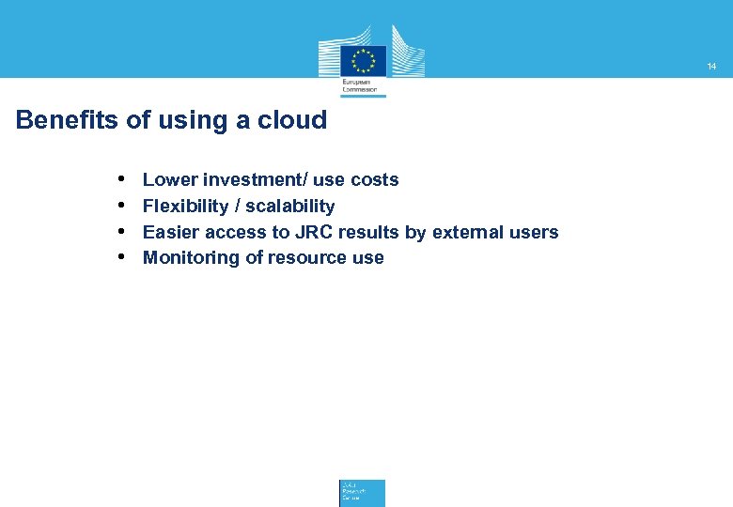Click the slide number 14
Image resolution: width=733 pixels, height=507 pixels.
(x=711, y=67)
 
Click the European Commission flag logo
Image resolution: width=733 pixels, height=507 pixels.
(x=363, y=60)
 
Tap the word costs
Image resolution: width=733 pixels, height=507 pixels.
(x=374, y=179)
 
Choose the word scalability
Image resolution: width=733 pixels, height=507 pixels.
(x=290, y=206)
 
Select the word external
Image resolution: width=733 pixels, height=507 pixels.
(x=467, y=232)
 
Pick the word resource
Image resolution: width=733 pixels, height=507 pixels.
(x=306, y=258)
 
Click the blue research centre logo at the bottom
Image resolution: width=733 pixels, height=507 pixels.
(x=362, y=493)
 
